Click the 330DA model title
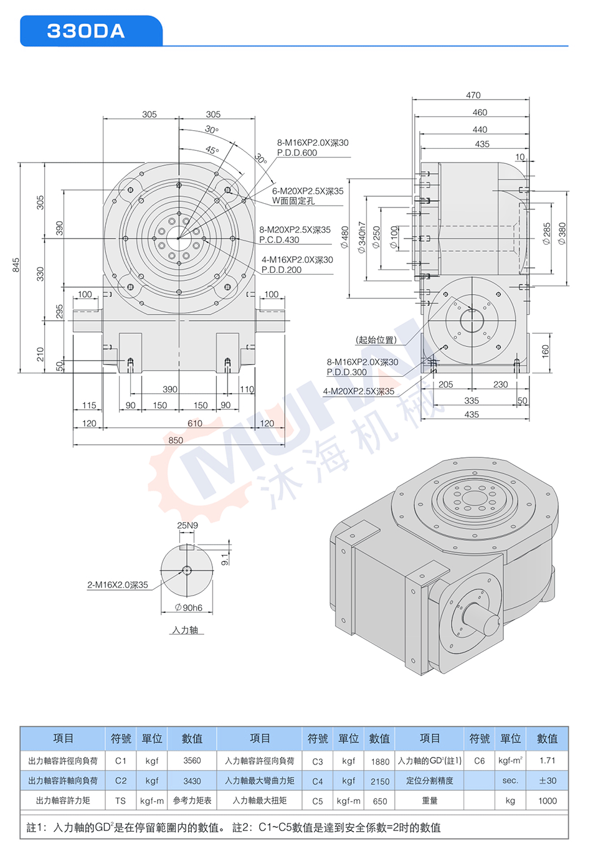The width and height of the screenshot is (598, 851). click(85, 31)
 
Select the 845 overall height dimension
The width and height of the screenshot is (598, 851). click(16, 265)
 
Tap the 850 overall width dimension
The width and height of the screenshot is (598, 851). click(176, 440)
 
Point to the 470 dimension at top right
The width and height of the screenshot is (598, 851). click(473, 95)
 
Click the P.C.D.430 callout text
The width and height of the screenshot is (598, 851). click(279, 240)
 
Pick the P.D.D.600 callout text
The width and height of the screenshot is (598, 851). click(297, 153)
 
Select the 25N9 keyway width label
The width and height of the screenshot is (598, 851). click(187, 525)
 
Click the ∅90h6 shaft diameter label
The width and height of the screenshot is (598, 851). click(189, 607)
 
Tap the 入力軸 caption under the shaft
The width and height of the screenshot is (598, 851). click(185, 629)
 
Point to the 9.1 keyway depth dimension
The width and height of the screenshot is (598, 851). click(224, 559)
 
